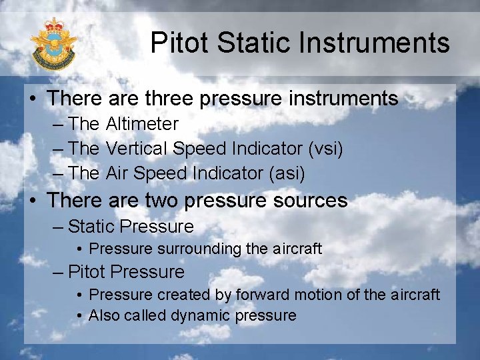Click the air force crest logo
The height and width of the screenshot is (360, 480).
53,45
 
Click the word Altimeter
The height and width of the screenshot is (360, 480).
142,124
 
